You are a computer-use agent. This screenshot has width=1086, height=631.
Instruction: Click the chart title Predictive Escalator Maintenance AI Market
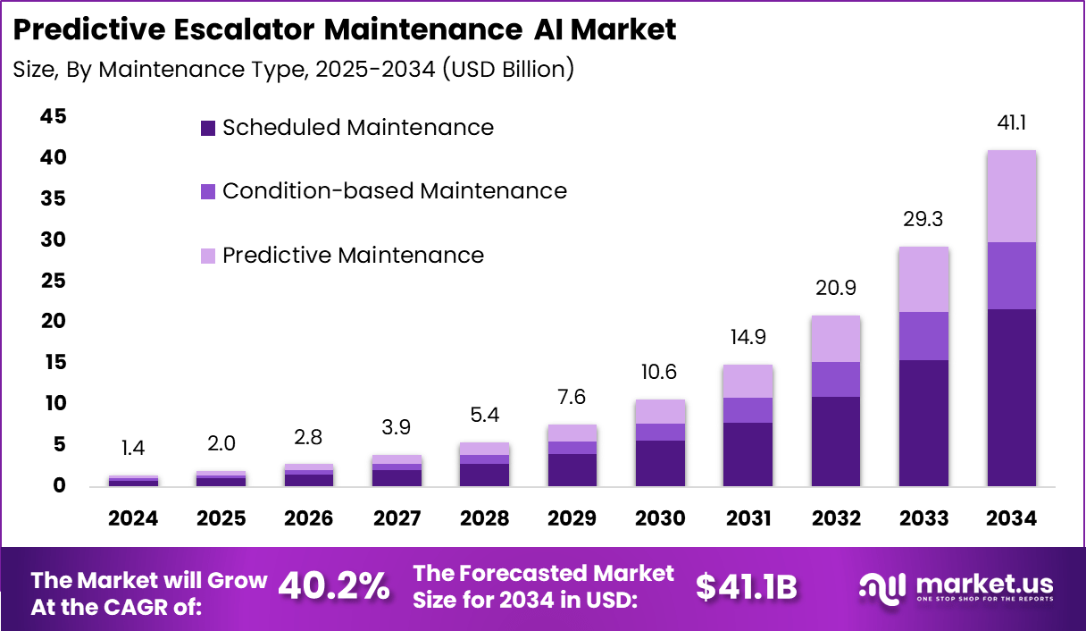pyautogui.click(x=345, y=29)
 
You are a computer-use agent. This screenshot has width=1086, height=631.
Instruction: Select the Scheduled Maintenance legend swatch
pyautogui.click(x=208, y=128)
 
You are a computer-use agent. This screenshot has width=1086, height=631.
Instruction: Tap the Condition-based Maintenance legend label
pyautogui.click(x=394, y=190)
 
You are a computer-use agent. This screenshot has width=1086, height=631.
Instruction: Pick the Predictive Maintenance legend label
pyautogui.click(x=353, y=255)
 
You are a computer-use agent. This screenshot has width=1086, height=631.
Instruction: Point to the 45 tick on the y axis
pyautogui.click(x=53, y=116)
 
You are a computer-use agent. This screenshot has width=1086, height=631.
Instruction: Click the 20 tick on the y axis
pyautogui.click(x=53, y=321)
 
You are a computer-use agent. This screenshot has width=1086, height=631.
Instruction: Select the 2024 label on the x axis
pyautogui.click(x=133, y=518)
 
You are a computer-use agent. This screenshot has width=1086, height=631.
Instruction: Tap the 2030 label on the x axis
pyautogui.click(x=660, y=518)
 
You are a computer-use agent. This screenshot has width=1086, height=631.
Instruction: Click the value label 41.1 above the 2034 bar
pyautogui.click(x=1012, y=123)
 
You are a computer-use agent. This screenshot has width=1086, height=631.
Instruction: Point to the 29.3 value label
pyautogui.click(x=923, y=220)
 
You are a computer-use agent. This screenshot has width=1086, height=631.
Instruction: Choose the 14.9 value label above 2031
pyautogui.click(x=748, y=338)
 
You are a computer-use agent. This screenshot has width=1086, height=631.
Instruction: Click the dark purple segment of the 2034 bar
pyautogui.click(x=1012, y=397)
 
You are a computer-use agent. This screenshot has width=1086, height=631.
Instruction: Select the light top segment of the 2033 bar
pyautogui.click(x=923, y=279)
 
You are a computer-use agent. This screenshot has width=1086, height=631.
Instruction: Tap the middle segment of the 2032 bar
pyautogui.click(x=836, y=379)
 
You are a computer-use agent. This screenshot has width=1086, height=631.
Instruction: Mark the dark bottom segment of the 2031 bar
pyautogui.click(x=748, y=454)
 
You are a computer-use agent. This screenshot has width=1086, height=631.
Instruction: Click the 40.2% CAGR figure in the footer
pyautogui.click(x=334, y=586)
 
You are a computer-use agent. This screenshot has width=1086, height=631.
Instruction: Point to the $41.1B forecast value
pyautogui.click(x=746, y=586)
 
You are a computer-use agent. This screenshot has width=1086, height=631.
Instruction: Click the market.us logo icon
pyautogui.click(x=882, y=586)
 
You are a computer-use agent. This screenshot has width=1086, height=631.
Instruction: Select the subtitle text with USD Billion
pyautogui.click(x=293, y=69)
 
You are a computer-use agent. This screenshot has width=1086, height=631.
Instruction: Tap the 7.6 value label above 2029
pyautogui.click(x=572, y=397)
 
